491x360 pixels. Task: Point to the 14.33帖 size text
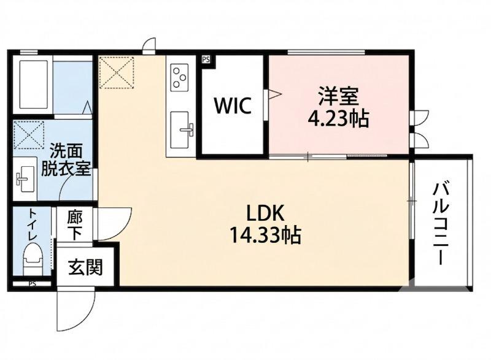coord(265,234)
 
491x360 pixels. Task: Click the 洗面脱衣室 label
coord(65,160)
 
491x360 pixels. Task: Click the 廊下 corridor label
coord(74,225)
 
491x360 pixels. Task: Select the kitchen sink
coord(182,129)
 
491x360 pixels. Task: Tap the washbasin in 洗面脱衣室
coord(25,178)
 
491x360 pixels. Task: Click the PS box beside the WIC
coord(206,59)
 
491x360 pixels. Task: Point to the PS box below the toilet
coord(32,284)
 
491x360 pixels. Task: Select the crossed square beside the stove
coord(117,72)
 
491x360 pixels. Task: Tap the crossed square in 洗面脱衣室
coord(29,135)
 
